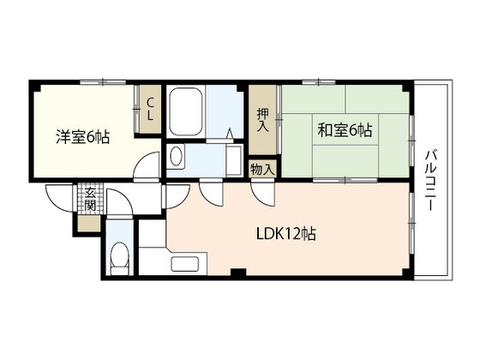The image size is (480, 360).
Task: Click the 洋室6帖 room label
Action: click(82, 137)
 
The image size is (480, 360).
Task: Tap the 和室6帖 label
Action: click(345, 129)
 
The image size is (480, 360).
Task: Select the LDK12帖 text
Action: click(286, 234)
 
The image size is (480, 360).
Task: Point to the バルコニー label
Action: click(430, 181)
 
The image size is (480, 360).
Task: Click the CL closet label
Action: click(150, 109)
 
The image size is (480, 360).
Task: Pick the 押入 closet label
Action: click(262, 120)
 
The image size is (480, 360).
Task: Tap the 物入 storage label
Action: click(262, 170)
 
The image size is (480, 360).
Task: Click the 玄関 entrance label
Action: click(90, 199)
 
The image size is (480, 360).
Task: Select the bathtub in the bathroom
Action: click(186, 111)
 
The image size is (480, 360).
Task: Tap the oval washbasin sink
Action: click(176, 157)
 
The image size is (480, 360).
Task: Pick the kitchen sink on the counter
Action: click(185, 264)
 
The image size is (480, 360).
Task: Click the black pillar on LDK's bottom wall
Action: click(238, 272)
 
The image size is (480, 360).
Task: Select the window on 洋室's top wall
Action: click(103, 82)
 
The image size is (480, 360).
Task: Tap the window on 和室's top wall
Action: click(319, 82)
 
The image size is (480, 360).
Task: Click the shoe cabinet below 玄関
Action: click(89, 224)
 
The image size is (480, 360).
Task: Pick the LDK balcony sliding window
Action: click(412, 223)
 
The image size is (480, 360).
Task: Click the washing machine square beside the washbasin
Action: click(234, 160)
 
